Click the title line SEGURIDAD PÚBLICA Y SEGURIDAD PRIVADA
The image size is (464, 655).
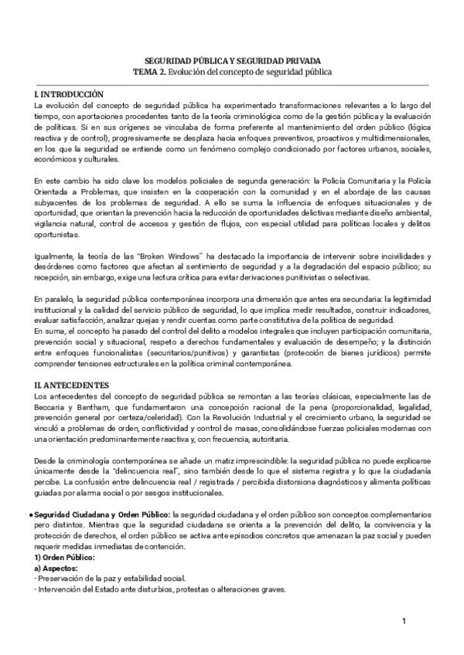(x=233, y=60)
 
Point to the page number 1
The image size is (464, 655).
(x=404, y=621)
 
